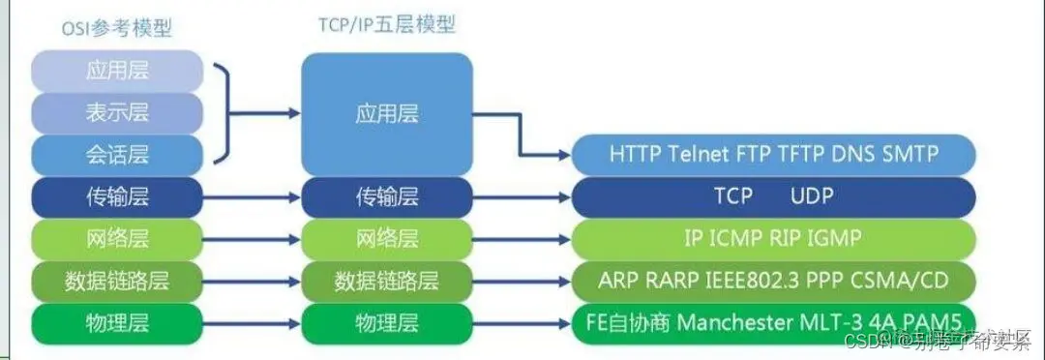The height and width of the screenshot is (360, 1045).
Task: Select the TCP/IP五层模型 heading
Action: (386, 25)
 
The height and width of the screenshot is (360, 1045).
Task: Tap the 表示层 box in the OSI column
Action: (117, 113)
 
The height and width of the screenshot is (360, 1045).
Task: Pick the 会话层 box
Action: (117, 155)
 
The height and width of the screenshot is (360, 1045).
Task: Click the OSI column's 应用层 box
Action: (117, 71)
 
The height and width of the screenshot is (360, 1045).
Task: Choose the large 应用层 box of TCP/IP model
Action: (386, 113)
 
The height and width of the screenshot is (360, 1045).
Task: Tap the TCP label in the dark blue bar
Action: (732, 196)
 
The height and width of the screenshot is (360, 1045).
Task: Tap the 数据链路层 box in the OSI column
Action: (117, 281)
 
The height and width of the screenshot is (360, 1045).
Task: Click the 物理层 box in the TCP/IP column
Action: (386, 321)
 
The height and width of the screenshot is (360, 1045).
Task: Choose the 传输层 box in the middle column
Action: (386, 197)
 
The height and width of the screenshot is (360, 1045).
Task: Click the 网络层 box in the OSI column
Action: (117, 238)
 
